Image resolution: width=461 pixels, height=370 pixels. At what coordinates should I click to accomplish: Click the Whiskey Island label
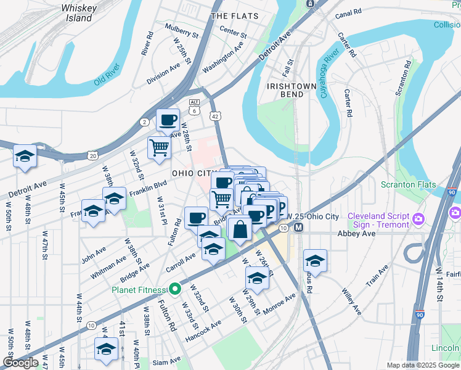(x=79, y=13)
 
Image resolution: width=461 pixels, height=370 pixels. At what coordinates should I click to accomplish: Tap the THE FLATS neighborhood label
(x=234, y=15)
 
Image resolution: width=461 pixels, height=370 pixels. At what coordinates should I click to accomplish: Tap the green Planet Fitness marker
(x=175, y=289)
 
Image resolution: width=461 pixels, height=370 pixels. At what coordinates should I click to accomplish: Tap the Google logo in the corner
(x=20, y=362)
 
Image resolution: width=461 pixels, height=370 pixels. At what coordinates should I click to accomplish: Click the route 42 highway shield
(x=214, y=116)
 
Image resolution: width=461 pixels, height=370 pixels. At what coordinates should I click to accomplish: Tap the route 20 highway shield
(x=92, y=156)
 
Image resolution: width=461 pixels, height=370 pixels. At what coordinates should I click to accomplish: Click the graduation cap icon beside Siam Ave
(x=106, y=348)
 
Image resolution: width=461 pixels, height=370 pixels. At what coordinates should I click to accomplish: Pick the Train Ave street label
(x=377, y=276)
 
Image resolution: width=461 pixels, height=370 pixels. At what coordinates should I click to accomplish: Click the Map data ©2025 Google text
(x=423, y=365)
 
